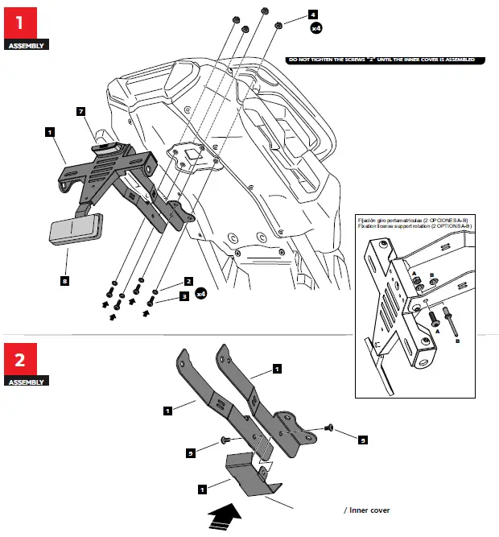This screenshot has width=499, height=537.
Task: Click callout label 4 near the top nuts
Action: [x=313, y=14]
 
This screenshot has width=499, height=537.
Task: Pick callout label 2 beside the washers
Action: [x=188, y=282]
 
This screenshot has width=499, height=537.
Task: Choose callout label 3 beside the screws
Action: [x=184, y=296]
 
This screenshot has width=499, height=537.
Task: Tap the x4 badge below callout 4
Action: [x=317, y=29]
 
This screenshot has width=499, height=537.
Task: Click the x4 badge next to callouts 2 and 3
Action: [x=203, y=295]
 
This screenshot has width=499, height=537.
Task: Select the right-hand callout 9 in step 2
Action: [x=363, y=440]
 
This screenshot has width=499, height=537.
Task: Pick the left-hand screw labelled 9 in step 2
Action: [x=225, y=440]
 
